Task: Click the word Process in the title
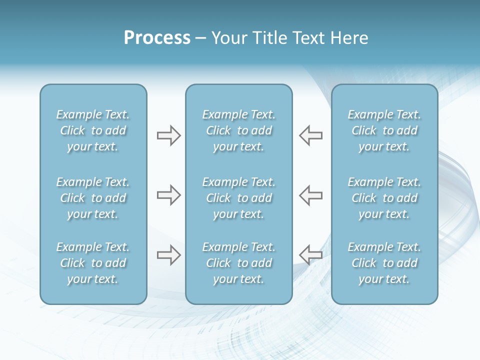(x=157, y=38)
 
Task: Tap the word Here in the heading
(x=349, y=38)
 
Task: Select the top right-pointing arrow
(x=168, y=135)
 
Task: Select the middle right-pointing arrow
(x=168, y=195)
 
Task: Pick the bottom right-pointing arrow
(x=168, y=255)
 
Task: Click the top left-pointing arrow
(x=311, y=135)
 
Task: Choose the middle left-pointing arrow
(x=311, y=195)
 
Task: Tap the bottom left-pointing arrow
(x=311, y=255)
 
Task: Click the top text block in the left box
(x=93, y=130)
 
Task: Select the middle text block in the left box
(x=93, y=198)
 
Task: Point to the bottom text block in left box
(x=93, y=263)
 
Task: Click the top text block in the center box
(x=238, y=130)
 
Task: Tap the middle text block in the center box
(x=238, y=198)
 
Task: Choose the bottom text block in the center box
(x=238, y=263)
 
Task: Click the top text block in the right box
(x=384, y=130)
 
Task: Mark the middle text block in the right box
(x=384, y=198)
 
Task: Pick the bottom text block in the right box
(x=384, y=263)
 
